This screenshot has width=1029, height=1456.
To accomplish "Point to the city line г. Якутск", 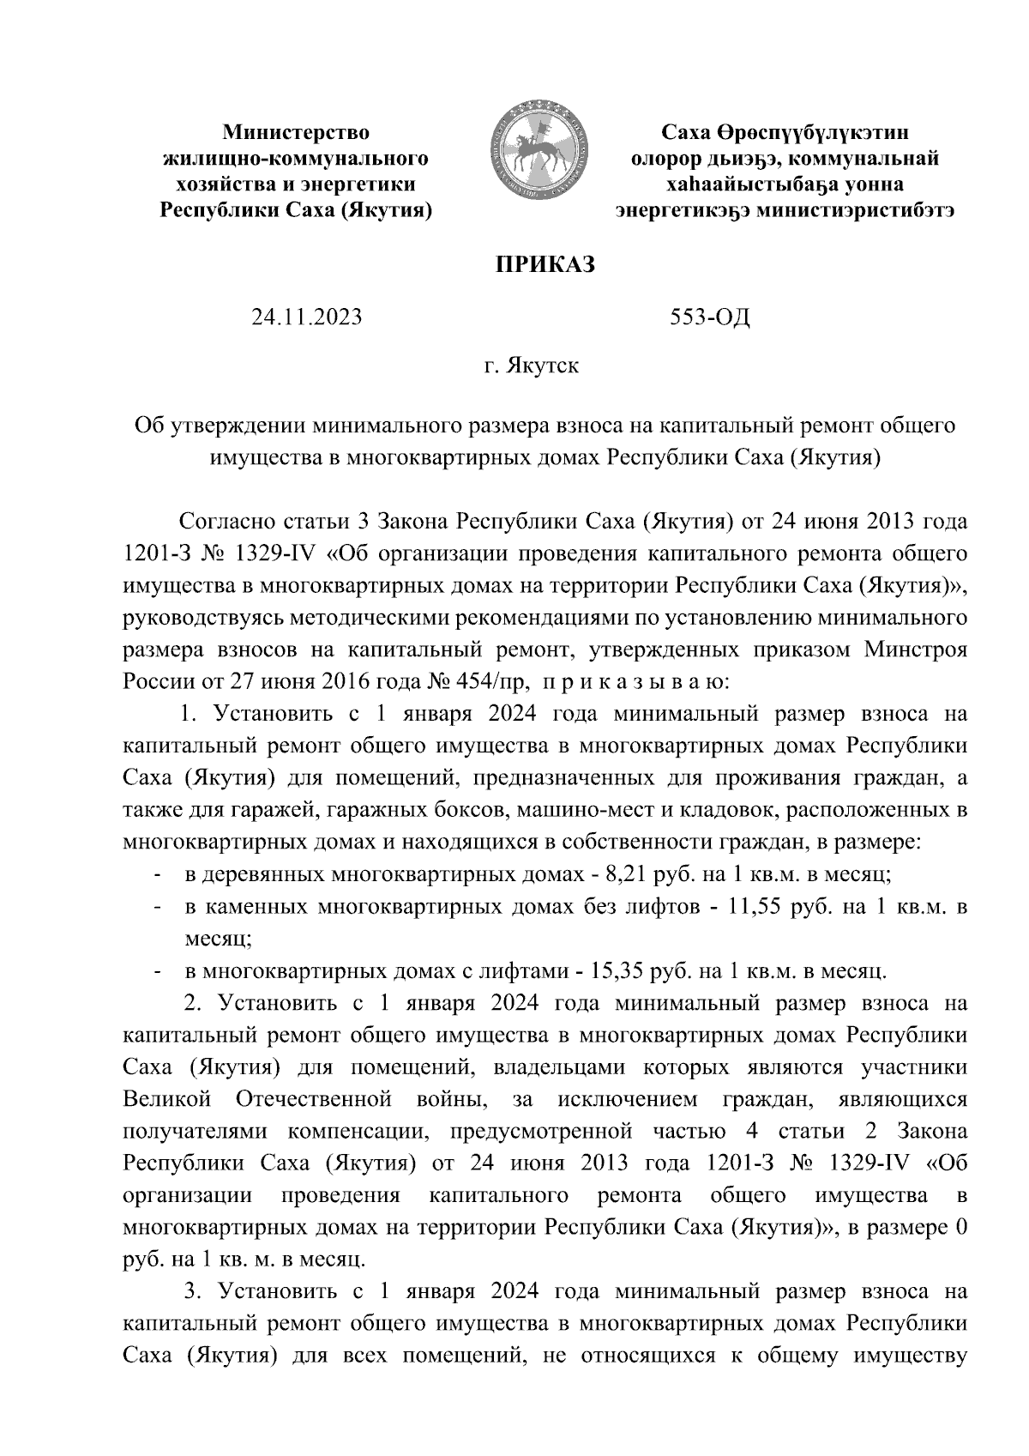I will point(530,366).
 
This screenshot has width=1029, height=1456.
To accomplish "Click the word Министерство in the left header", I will point(296,133).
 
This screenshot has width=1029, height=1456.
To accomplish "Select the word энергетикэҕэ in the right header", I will point(684,210).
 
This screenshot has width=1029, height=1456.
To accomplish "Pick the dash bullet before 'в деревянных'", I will point(158,876).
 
